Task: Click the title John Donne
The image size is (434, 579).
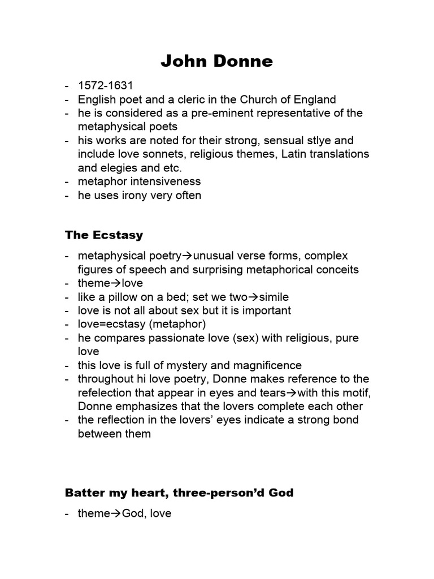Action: click(x=216, y=61)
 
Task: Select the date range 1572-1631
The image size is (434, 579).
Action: click(x=106, y=86)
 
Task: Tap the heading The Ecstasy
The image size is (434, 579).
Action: click(x=104, y=235)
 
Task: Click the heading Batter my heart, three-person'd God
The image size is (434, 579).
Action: click(x=179, y=492)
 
